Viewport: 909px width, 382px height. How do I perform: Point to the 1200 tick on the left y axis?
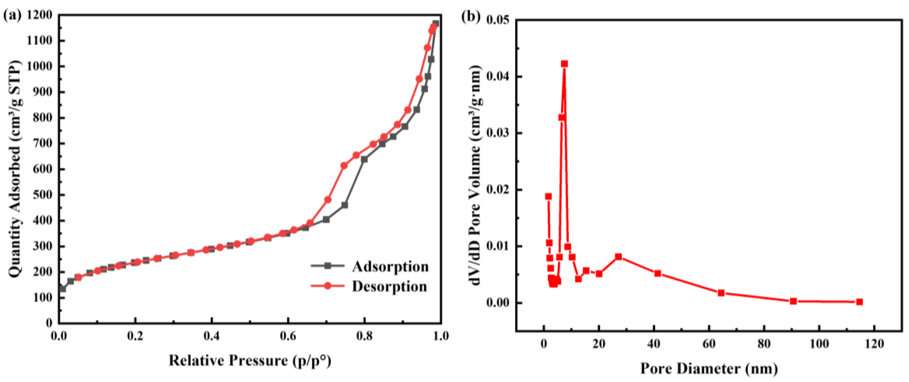(x=39, y=15)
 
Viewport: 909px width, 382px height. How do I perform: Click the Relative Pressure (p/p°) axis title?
(x=250, y=360)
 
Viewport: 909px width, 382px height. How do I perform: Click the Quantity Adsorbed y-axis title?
(x=15, y=169)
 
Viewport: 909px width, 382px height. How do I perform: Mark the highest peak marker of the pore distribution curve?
(x=564, y=64)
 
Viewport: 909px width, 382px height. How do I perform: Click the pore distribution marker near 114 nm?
(x=859, y=302)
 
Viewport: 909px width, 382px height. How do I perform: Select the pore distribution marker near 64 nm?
(x=721, y=293)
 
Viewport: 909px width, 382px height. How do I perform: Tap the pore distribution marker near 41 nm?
(x=657, y=274)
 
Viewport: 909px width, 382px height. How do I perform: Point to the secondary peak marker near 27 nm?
(x=618, y=257)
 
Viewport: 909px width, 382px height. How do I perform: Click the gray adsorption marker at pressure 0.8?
(x=364, y=159)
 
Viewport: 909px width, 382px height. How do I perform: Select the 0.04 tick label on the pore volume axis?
(x=497, y=76)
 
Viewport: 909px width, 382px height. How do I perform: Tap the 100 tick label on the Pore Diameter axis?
(x=819, y=344)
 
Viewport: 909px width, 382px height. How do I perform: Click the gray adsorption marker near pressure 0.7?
(x=326, y=220)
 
